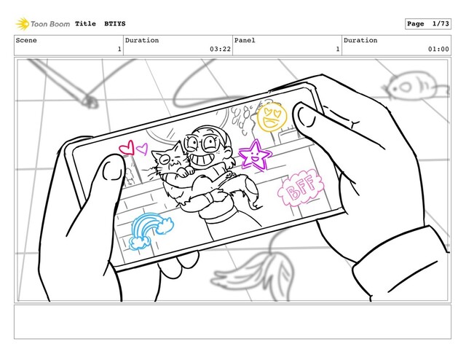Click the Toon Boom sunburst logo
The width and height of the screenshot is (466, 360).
pyautogui.click(x=23, y=24)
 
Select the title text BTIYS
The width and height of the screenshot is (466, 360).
pyautogui.click(x=115, y=24)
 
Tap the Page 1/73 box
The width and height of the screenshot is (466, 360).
pyautogui.click(x=428, y=24)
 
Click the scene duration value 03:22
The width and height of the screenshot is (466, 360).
pyautogui.click(x=220, y=49)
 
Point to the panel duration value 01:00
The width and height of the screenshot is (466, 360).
pyautogui.click(x=438, y=49)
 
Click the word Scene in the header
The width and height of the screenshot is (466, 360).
pyautogui.click(x=26, y=40)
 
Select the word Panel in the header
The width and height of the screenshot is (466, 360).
pyautogui.click(x=245, y=40)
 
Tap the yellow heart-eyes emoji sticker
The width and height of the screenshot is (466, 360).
pyautogui.click(x=272, y=117)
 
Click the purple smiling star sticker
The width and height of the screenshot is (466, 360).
pyautogui.click(x=255, y=156)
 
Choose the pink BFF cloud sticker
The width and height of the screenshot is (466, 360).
pyautogui.click(x=300, y=187)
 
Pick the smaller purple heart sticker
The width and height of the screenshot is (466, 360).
pyautogui.click(x=143, y=149)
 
